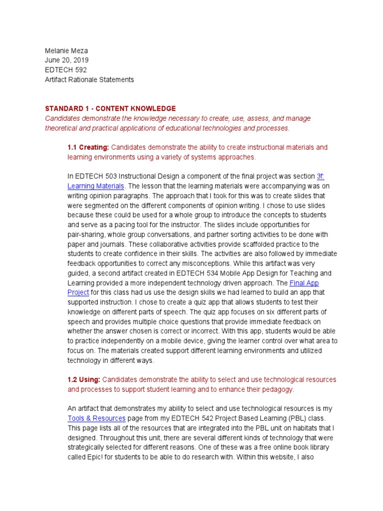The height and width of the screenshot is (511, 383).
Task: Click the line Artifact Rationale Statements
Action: tap(89, 79)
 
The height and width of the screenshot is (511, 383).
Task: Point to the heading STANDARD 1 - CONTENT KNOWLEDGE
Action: tap(110, 108)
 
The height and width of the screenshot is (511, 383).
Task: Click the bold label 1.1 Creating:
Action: tap(88, 147)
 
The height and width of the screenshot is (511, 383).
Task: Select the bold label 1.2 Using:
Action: tap(84, 380)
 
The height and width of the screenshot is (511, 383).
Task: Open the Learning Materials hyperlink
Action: tap(96, 186)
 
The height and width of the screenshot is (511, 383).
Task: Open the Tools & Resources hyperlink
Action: tap(96, 418)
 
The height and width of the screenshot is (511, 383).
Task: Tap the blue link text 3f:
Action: tap(320, 176)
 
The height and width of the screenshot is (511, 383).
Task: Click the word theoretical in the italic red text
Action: tap(63, 128)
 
